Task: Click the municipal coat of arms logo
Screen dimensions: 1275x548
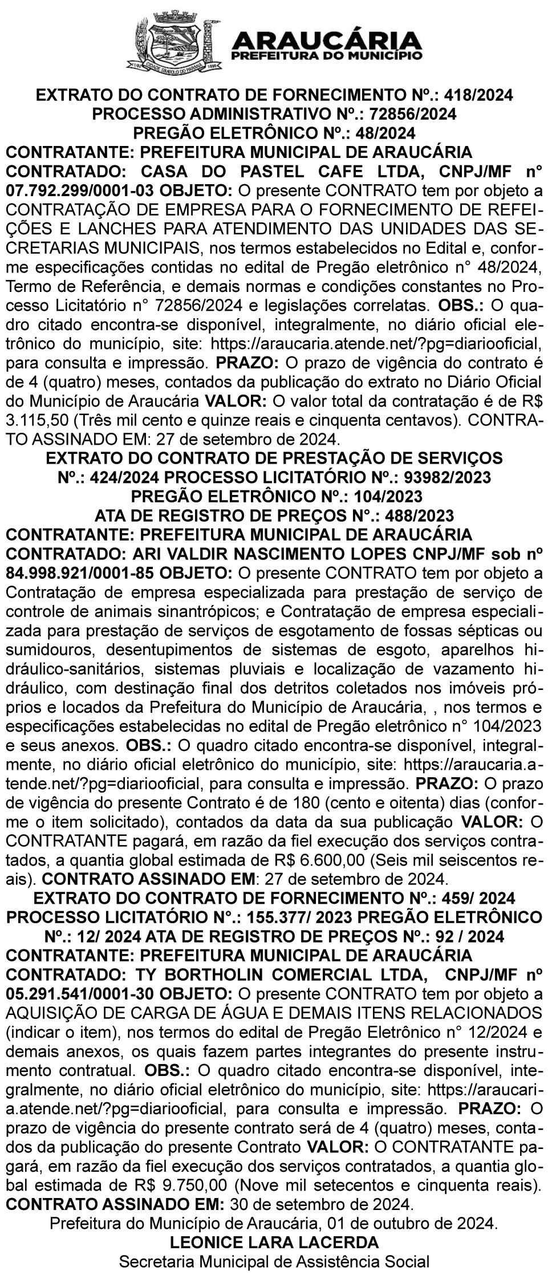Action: (x=173, y=43)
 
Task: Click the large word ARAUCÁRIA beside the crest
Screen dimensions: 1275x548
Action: (x=328, y=40)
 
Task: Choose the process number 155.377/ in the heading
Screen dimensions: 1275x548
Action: (x=273, y=917)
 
